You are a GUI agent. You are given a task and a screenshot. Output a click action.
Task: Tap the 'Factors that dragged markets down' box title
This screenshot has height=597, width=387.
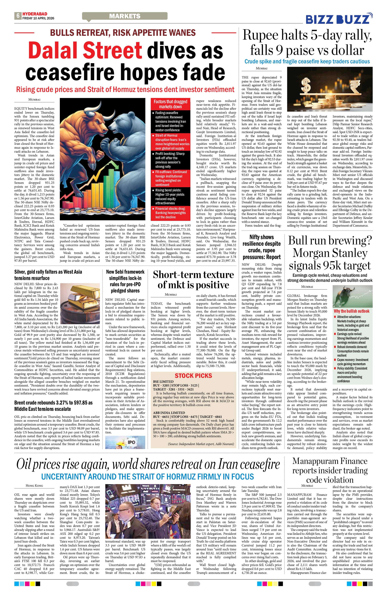tap(170, 104)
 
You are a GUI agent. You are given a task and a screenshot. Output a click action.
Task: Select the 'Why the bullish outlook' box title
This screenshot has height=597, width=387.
tap(351, 311)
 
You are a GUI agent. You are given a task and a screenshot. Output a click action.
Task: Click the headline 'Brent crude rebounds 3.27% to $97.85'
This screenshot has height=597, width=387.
tap(53, 406)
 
